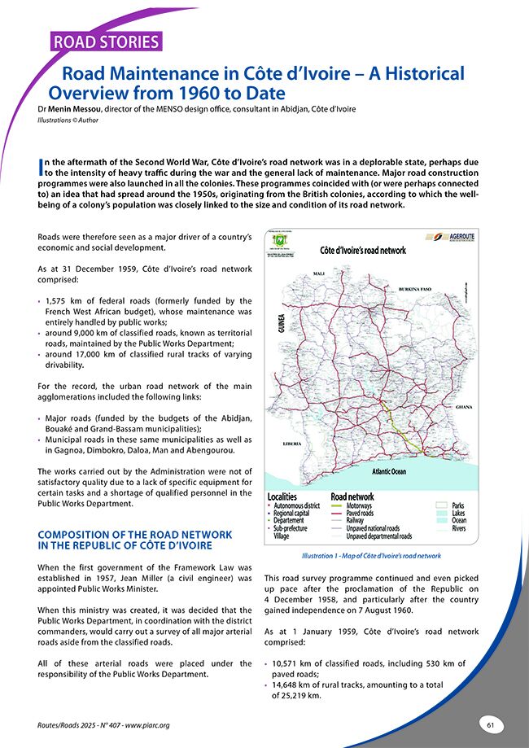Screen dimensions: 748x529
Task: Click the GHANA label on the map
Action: pos(464,405)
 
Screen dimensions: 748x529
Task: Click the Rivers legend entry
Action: pos(458,529)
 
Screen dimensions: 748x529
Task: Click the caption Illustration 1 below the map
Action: pos(371,555)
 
